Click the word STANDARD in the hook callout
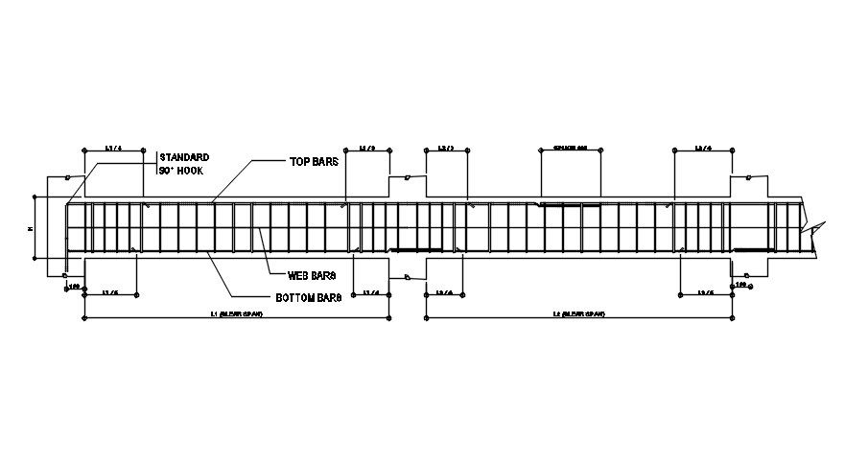click(x=184, y=156)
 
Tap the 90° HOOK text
click(x=181, y=170)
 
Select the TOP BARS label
click(x=315, y=161)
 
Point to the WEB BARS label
click(x=311, y=276)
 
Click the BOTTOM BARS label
click(x=310, y=298)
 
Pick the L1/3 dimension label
click(x=367, y=149)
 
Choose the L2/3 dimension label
click(x=446, y=149)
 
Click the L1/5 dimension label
click(x=111, y=291)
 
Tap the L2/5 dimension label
click(x=706, y=291)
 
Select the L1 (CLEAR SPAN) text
click(x=237, y=313)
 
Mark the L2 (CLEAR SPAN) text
click(x=578, y=313)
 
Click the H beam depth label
click(x=30, y=228)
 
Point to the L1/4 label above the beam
click(x=113, y=149)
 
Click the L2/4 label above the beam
click(x=703, y=149)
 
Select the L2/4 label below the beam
click(x=445, y=291)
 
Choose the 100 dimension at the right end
click(x=741, y=285)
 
